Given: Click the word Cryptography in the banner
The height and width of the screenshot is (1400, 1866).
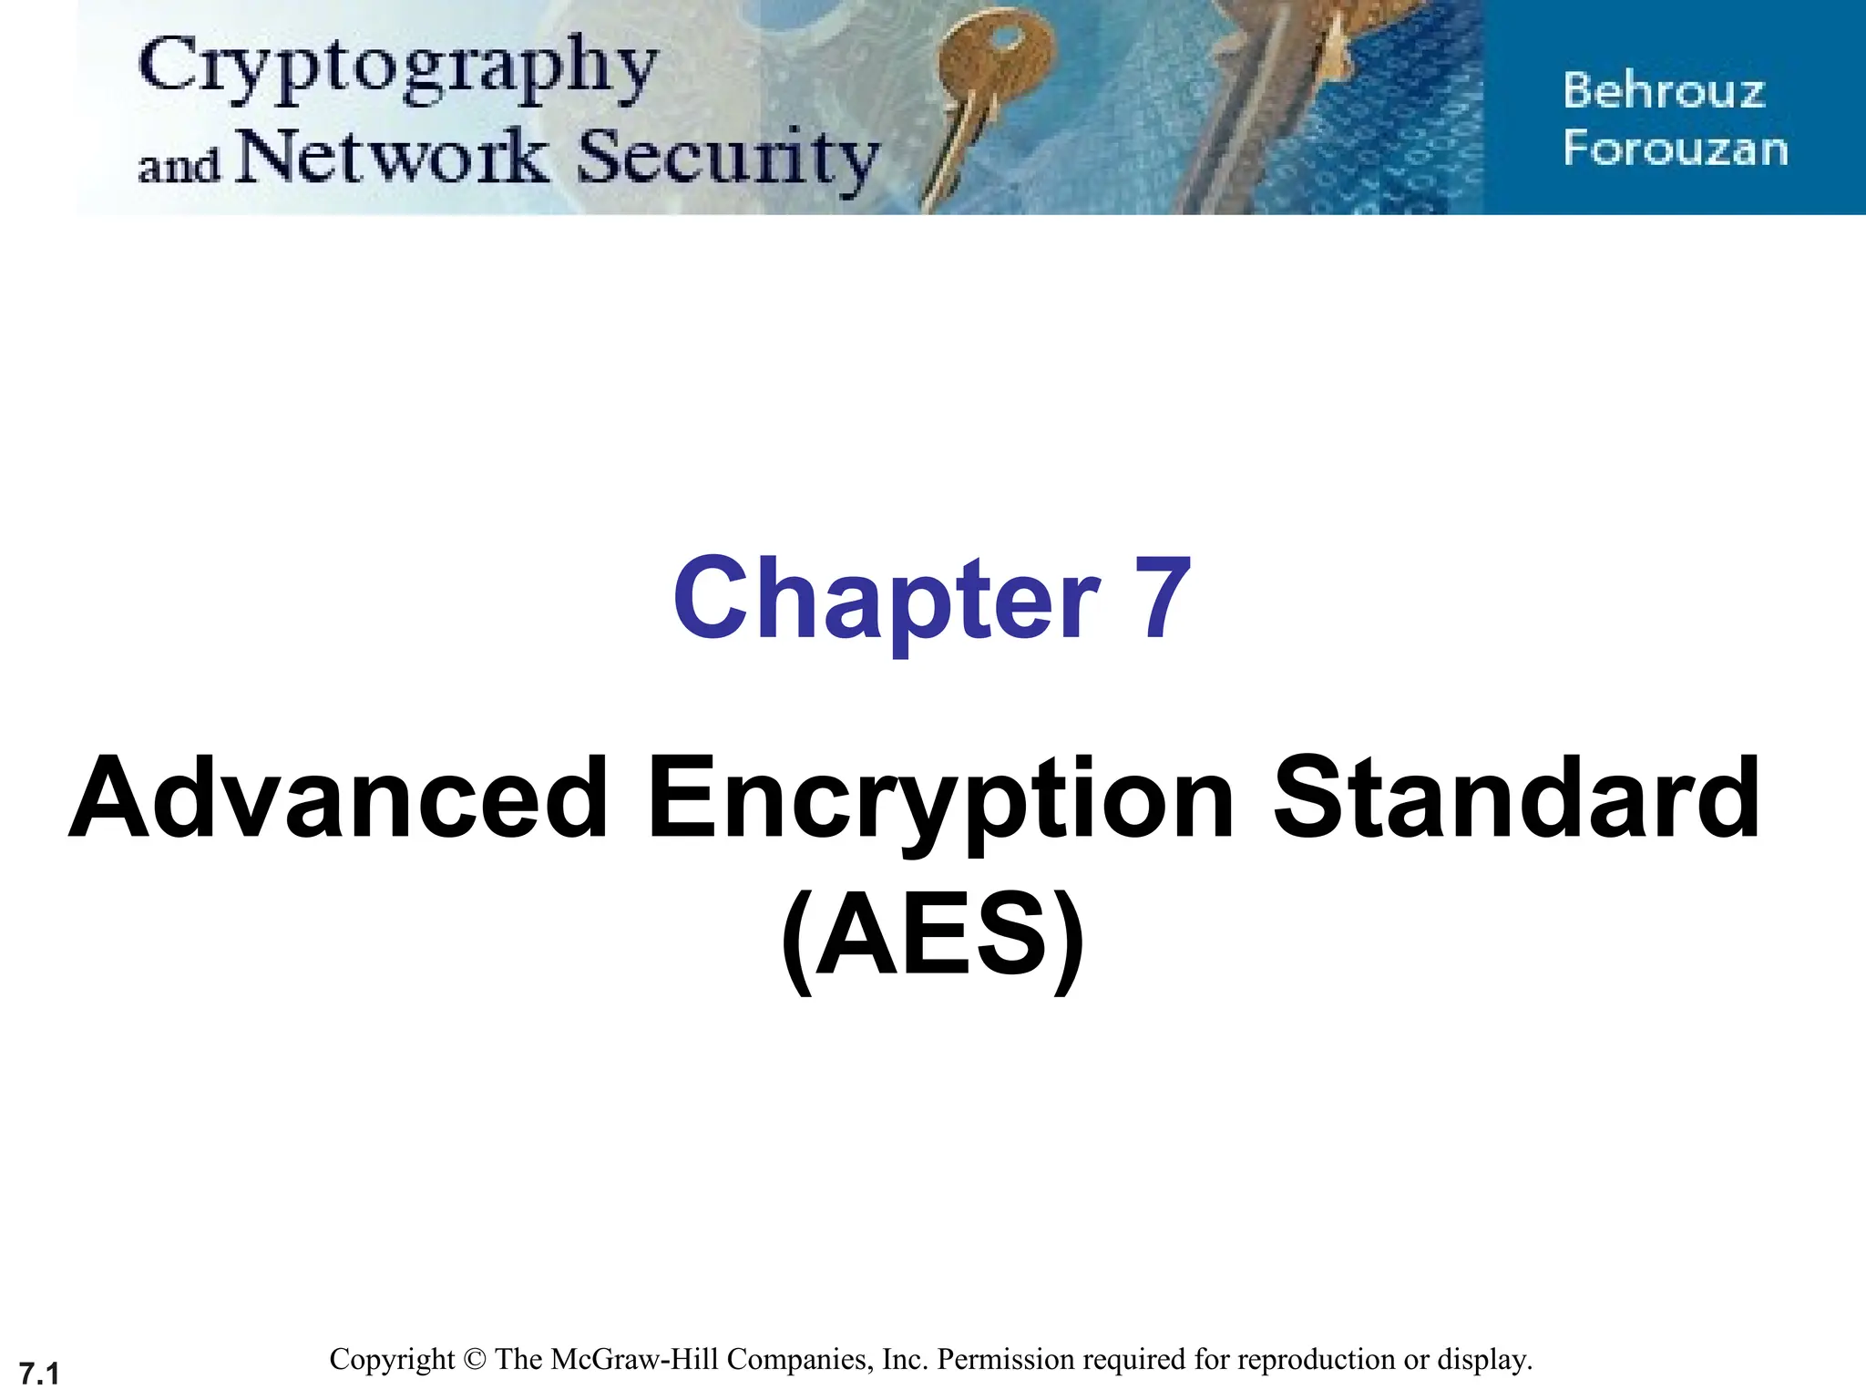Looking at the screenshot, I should [x=397, y=68].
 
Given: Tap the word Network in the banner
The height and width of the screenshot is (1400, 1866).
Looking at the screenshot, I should [x=392, y=156].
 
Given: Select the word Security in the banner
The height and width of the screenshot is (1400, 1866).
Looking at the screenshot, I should [x=727, y=158].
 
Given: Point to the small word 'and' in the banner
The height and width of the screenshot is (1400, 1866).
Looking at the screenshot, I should [x=179, y=166].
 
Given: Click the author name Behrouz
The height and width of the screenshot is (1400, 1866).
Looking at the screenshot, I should [x=1664, y=91].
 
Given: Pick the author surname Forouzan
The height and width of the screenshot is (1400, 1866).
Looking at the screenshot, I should [x=1675, y=149].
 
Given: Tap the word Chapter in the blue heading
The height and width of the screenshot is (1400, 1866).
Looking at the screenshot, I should [x=886, y=599].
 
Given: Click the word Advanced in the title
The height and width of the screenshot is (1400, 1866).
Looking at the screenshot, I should [x=339, y=798].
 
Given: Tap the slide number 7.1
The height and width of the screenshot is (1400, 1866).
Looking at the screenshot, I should [x=39, y=1373].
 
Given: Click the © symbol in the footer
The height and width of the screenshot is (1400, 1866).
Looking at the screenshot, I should [x=475, y=1360].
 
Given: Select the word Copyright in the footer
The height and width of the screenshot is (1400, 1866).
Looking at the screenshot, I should [x=392, y=1360].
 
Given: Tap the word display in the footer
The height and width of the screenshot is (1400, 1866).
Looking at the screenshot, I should [x=1483, y=1360].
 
